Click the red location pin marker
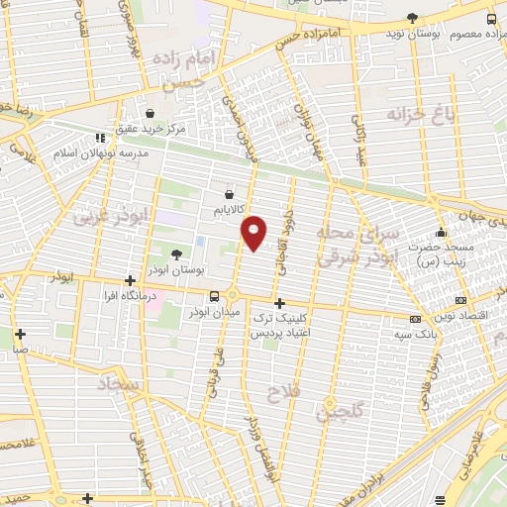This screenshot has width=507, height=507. point(254,231)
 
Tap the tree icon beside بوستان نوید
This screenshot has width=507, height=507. point(412,19)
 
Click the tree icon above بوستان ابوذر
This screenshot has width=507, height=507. point(177,255)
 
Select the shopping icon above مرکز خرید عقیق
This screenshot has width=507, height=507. point(150,114)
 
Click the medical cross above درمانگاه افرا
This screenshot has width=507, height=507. point(130,281)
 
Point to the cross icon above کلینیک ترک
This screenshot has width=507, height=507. point(279,303)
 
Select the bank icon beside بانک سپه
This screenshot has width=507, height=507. point(414,319)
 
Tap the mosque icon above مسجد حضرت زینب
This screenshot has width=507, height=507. point(442,232)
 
